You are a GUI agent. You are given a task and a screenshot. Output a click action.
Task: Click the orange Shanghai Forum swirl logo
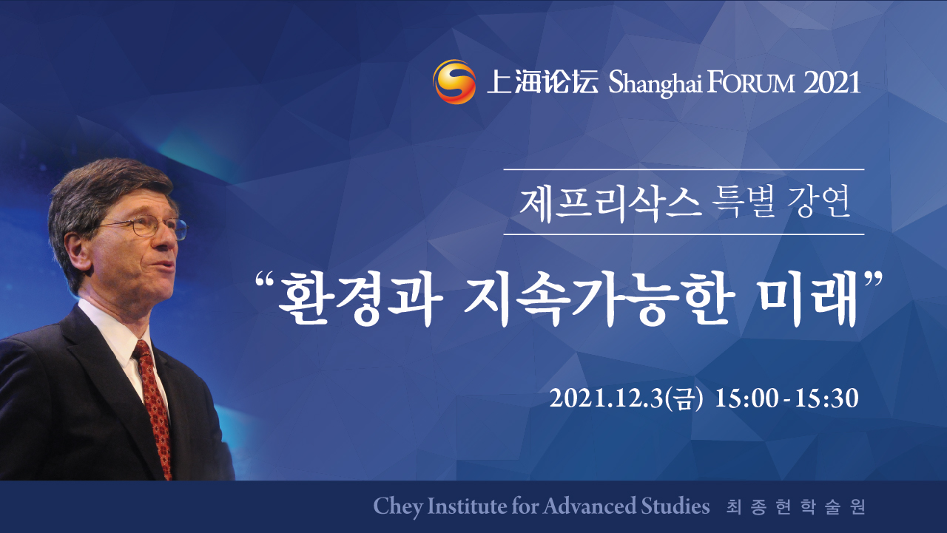454,82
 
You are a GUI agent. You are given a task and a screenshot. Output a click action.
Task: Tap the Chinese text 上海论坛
543,81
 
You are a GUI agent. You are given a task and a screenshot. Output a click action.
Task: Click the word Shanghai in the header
656,84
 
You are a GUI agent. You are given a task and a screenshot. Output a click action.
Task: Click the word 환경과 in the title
360,299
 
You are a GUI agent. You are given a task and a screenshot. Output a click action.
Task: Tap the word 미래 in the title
806,299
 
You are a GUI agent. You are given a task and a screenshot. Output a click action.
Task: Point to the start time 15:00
747,398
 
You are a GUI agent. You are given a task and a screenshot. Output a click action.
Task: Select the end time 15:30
826,398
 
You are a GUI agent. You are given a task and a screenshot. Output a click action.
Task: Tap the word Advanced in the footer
590,506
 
